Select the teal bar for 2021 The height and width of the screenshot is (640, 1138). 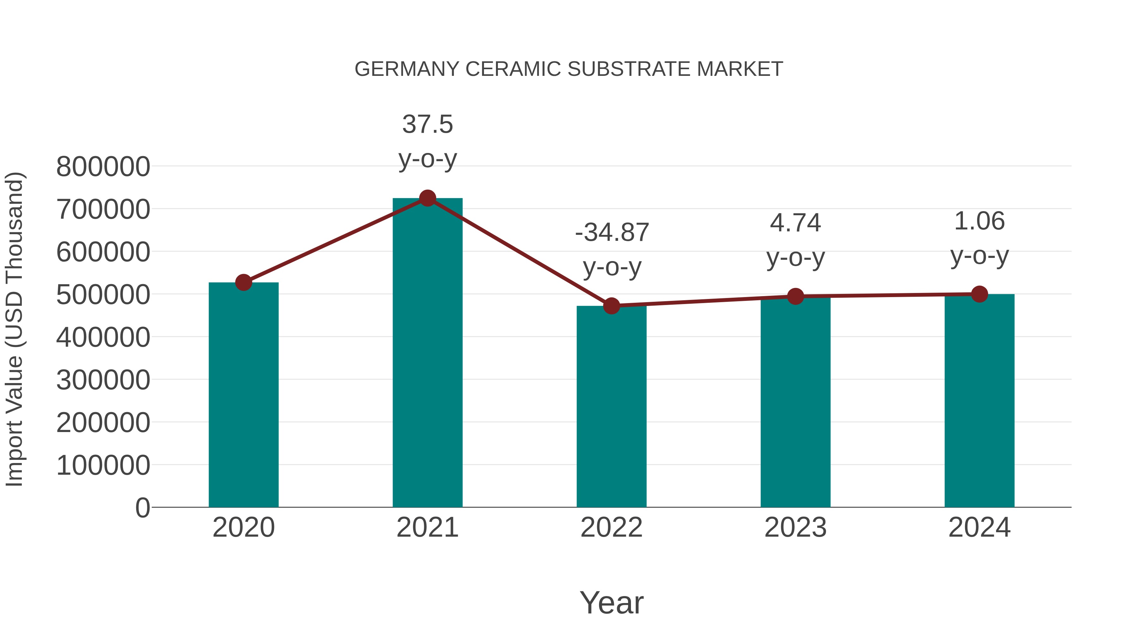coord(427,353)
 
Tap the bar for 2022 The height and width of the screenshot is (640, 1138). coord(611,406)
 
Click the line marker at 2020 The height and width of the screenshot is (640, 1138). coord(243,282)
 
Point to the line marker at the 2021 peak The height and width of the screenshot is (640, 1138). coord(427,198)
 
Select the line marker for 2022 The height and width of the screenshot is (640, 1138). coord(611,306)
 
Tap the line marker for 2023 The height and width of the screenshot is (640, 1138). coord(795,296)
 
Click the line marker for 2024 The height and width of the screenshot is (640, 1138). coord(979,294)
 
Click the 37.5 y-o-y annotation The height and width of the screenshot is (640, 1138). coord(427,141)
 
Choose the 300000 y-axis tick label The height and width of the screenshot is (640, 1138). coord(103,380)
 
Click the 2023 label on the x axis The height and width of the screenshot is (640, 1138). coord(795,527)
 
